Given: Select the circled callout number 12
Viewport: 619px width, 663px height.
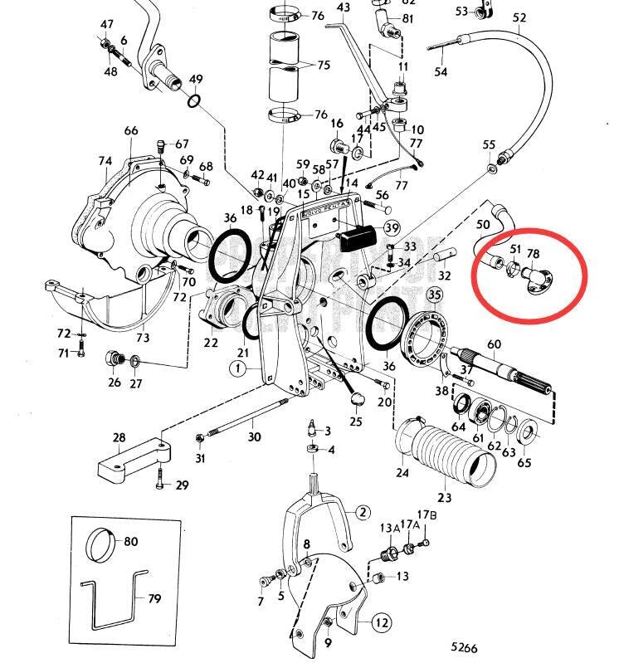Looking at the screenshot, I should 381,622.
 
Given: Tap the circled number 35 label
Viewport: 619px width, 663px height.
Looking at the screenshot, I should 435,295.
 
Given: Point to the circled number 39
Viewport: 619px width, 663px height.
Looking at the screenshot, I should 391,228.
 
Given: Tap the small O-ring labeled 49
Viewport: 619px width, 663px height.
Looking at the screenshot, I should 193,101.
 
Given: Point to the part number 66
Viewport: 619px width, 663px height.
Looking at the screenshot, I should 131,131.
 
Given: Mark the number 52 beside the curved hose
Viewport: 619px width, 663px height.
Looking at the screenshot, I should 520,17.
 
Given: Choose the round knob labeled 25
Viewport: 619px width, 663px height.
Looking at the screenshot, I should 358,401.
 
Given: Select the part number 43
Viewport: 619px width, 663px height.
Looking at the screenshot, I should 344,7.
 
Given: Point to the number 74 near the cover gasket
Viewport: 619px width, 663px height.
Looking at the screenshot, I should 104,161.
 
